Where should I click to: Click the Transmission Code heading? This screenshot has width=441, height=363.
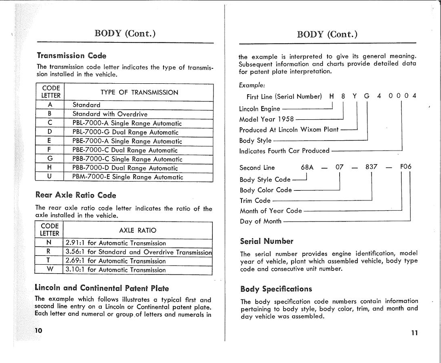(x=71, y=55)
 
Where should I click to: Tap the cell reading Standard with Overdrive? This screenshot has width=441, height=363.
(x=104, y=114)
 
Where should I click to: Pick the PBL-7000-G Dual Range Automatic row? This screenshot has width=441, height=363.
(x=125, y=132)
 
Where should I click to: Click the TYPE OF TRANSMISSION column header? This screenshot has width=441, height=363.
(x=139, y=92)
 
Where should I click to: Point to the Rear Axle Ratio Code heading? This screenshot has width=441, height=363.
(x=76, y=195)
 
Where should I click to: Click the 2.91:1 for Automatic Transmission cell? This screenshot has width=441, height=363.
(x=115, y=243)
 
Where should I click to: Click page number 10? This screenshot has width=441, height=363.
(x=38, y=330)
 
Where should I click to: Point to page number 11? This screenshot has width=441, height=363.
(x=414, y=333)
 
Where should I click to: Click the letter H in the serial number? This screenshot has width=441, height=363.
(x=332, y=96)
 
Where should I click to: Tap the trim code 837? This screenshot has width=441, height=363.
(x=371, y=167)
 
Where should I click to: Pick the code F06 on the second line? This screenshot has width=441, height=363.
(x=405, y=167)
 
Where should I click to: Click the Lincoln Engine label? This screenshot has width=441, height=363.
(x=259, y=109)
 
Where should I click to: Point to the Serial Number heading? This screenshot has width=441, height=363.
(x=266, y=241)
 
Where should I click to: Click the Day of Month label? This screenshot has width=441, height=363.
(x=260, y=221)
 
